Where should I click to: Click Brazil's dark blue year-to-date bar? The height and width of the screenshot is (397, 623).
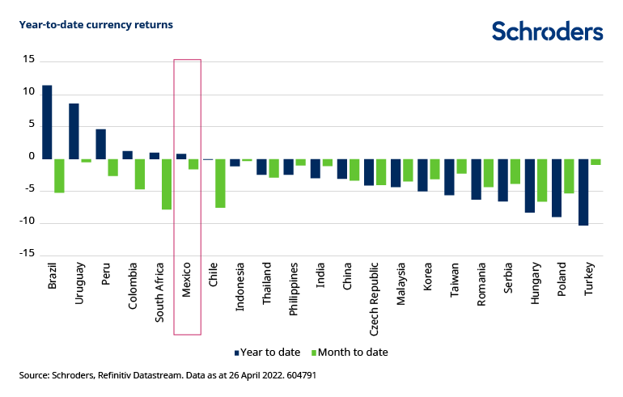(x=47, y=122)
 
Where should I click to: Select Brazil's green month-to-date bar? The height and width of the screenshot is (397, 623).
(x=59, y=175)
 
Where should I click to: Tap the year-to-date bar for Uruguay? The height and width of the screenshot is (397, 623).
(x=74, y=131)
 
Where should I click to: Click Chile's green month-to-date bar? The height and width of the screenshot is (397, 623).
(x=220, y=184)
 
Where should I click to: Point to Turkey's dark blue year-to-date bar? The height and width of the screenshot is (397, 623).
(x=583, y=192)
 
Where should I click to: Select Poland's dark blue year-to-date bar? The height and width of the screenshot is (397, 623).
(x=557, y=188)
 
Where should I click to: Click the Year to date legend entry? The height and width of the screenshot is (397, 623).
(x=267, y=353)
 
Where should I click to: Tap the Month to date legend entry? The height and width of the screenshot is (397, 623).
(x=352, y=353)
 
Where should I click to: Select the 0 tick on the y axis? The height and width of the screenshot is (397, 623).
(x=32, y=157)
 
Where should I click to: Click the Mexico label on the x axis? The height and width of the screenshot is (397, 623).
(x=187, y=280)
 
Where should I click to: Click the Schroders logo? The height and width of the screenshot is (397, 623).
(x=547, y=32)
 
